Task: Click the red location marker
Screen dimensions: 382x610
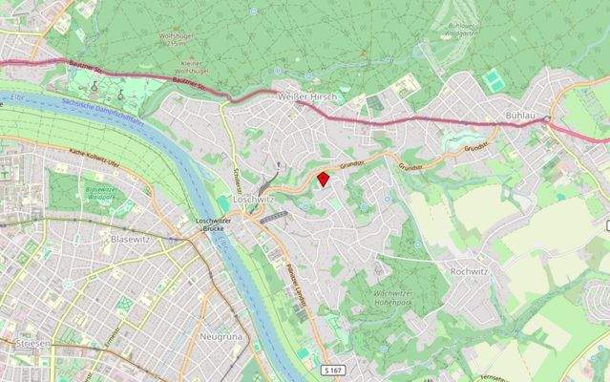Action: coord(324,178)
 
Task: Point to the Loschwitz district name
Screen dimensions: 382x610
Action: coord(252,200)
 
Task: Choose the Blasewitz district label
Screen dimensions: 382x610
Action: coord(131,239)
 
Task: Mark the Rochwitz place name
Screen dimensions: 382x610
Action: coord(469,271)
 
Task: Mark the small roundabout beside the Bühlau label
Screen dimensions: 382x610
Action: coord(548,118)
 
